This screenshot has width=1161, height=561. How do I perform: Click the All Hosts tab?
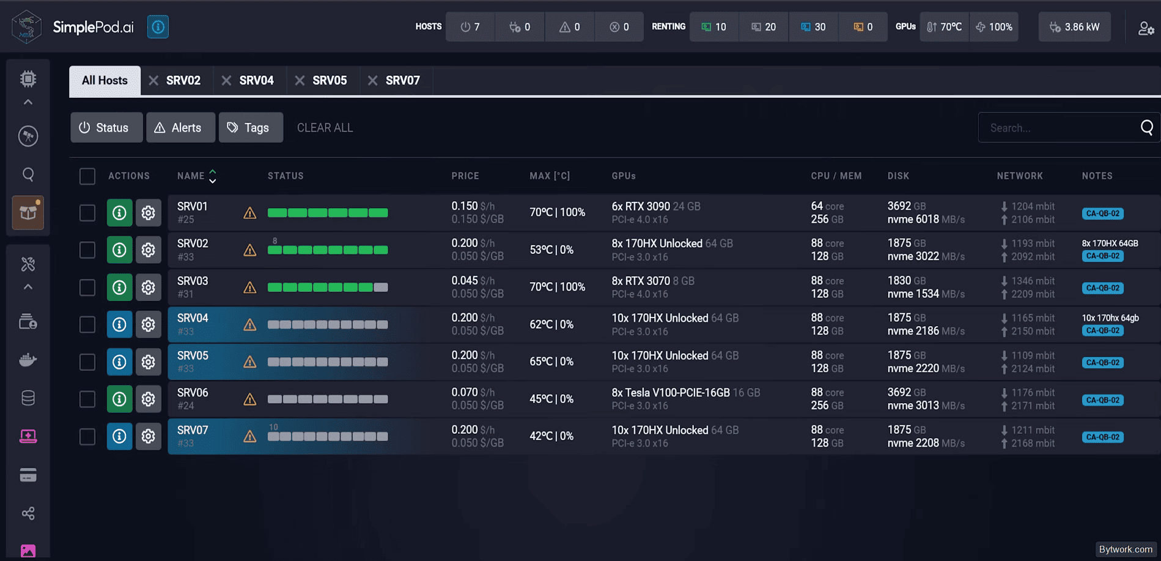(105, 81)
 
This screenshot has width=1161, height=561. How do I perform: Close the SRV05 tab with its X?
(300, 81)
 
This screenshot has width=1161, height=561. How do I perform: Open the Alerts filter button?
(180, 127)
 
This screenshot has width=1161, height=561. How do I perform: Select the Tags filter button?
(251, 127)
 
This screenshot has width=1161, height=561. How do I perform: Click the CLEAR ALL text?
(325, 128)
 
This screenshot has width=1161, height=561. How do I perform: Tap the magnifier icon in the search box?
(1147, 127)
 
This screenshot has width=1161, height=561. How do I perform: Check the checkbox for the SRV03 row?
(87, 288)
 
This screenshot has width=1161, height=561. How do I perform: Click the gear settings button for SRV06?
(149, 399)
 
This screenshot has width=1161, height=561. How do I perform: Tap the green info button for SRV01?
(120, 213)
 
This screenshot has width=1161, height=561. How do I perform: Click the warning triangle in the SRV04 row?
(250, 325)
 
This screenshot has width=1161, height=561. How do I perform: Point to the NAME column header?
(191, 176)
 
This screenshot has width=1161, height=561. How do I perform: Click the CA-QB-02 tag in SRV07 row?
(1103, 437)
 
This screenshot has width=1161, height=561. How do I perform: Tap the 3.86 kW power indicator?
(1075, 27)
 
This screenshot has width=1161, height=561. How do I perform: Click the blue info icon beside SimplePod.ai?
(158, 27)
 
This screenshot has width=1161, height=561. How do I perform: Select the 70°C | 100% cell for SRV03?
(558, 287)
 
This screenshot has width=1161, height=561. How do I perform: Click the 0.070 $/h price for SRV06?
(473, 392)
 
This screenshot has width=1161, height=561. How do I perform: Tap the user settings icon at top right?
(1146, 28)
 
